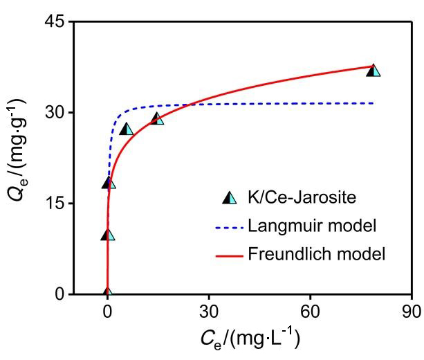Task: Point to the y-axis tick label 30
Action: click(x=54, y=114)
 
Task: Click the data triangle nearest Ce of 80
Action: click(x=374, y=71)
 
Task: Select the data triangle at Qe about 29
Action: click(x=157, y=119)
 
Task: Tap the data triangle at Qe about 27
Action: click(x=127, y=129)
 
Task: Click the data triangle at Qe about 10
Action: click(x=108, y=235)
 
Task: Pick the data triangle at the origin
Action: click(x=107, y=294)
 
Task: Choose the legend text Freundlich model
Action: click(x=315, y=254)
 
